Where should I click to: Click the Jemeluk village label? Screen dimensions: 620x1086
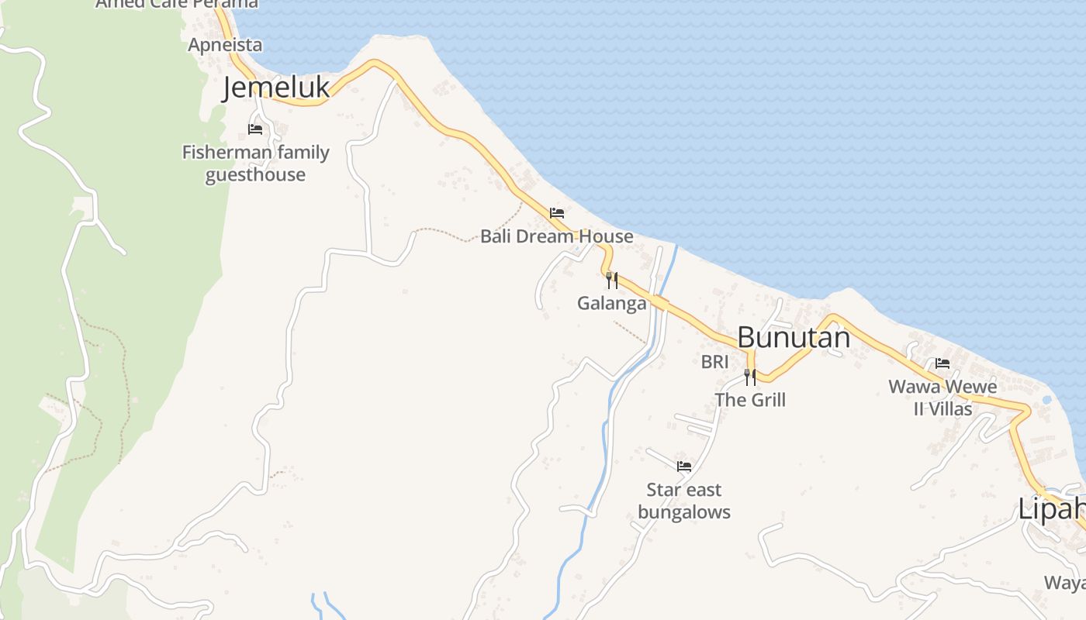(x=276, y=88)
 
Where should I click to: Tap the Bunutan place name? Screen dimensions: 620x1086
(x=794, y=337)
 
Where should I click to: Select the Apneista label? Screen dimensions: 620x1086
(x=225, y=45)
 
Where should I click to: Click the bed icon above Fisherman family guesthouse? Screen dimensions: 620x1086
(x=255, y=129)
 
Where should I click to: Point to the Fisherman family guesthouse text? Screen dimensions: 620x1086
(x=255, y=164)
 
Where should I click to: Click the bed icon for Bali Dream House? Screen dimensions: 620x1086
(x=556, y=212)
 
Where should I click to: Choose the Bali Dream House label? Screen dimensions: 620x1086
(x=556, y=236)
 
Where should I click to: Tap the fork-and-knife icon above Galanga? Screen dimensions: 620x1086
(x=612, y=280)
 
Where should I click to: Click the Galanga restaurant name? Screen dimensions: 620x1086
(x=612, y=303)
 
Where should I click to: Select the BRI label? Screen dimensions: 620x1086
(x=714, y=361)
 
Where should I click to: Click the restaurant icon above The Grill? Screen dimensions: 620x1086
(x=750, y=377)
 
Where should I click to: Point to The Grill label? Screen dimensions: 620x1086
(x=750, y=400)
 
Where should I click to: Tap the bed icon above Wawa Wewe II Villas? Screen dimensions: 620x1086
(x=942, y=363)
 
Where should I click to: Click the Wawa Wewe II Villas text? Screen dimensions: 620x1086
(x=942, y=397)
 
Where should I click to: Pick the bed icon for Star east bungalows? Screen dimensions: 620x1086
(x=684, y=467)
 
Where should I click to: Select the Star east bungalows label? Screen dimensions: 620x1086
(x=684, y=501)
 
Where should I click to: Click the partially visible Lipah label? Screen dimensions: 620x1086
(x=1052, y=509)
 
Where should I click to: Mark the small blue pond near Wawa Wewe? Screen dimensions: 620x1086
(x=1048, y=400)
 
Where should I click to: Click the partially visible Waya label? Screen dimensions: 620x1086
(x=1064, y=583)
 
